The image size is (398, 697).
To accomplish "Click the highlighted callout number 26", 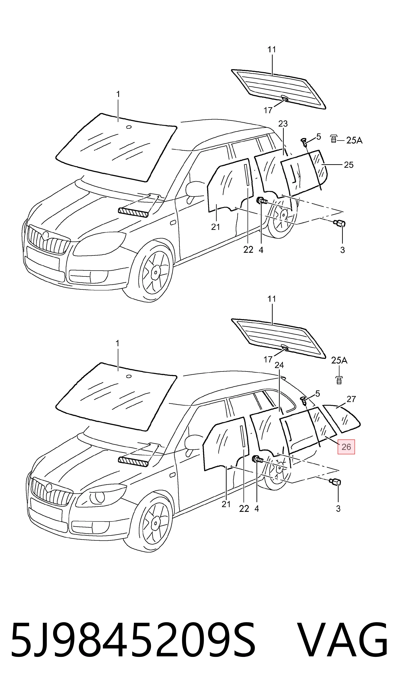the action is point(346,447).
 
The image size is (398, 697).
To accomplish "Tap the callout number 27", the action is point(351,399).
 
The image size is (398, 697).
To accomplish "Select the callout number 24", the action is point(279,365).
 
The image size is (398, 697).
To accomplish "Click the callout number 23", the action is point(283,124).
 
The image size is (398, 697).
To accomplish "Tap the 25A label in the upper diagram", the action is point(354,140).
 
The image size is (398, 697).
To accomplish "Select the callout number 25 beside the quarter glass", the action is point(349,165).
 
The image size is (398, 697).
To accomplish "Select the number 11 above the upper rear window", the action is point(271,49).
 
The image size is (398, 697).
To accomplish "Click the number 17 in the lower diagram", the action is point(268,359).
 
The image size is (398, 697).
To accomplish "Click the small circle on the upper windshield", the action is point(129,127).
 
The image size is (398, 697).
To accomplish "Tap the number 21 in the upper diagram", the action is point(215,227).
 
